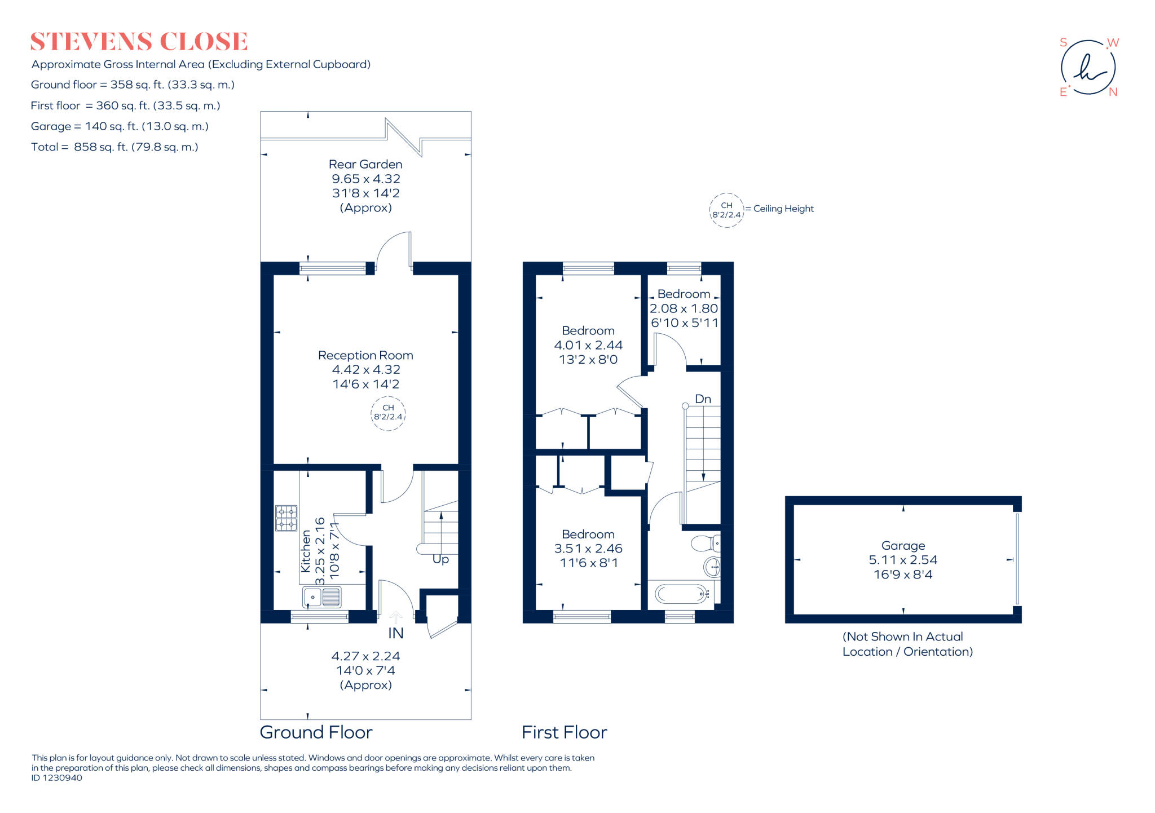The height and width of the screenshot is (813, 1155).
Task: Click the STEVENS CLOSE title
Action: pyautogui.click(x=139, y=42)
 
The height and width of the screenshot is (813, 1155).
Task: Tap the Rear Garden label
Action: pyautogui.click(x=365, y=164)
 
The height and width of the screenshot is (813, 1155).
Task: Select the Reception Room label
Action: pyautogui.click(x=365, y=355)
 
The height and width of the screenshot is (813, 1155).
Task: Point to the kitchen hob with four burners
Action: pyautogui.click(x=286, y=518)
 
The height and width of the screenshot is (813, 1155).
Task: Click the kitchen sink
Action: pyautogui.click(x=322, y=597)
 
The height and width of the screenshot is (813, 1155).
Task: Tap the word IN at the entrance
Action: pyautogui.click(x=396, y=633)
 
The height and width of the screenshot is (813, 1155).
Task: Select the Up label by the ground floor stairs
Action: pyautogui.click(x=440, y=559)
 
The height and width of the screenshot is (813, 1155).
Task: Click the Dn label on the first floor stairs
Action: pyautogui.click(x=703, y=399)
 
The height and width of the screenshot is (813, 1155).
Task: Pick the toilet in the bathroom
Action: pyautogui.click(x=706, y=544)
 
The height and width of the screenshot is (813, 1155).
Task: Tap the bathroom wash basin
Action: pyautogui.click(x=712, y=566)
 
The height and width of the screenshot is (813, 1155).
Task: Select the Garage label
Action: pyautogui.click(x=903, y=545)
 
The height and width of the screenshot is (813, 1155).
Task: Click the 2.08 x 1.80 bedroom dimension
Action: pyautogui.click(x=684, y=308)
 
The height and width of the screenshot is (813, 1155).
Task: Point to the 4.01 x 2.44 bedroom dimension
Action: pyautogui.click(x=588, y=345)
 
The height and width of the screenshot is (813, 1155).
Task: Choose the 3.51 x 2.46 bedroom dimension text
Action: pyautogui.click(x=588, y=548)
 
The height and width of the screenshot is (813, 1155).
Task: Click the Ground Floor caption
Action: pyautogui.click(x=316, y=732)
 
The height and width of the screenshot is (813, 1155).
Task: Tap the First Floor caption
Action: pyautogui.click(x=564, y=732)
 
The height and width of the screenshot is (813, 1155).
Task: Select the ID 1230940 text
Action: pyautogui.click(x=57, y=778)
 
